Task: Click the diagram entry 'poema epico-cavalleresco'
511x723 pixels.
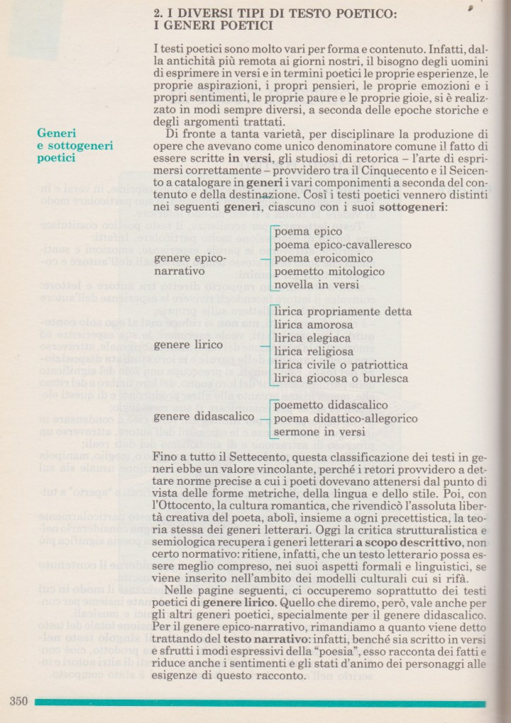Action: pos(343,245)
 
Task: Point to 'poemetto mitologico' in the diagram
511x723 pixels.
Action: pos(329,271)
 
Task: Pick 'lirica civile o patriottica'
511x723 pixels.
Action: pos(341,365)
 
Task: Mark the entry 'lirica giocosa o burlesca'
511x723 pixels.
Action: pos(341,378)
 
